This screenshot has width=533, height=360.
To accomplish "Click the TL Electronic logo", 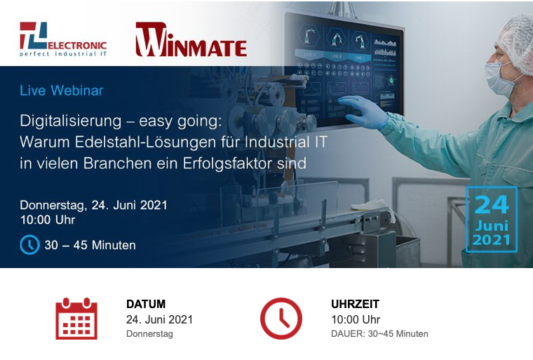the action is tap(63, 39).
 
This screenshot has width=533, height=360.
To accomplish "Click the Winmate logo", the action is tap(191, 39).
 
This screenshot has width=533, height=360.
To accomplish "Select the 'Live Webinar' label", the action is tap(62, 91).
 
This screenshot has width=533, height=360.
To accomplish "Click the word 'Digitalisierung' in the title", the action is tap(71, 121).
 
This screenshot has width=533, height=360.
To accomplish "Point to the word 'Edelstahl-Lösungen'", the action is tap(145, 142).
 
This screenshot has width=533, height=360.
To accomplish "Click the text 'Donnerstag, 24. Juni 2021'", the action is tap(93, 205).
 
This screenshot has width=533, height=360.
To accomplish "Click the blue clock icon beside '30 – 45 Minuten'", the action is tap(30, 245).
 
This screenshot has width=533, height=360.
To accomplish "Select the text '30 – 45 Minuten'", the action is tap(90, 245).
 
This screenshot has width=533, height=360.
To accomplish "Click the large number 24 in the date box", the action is tap(492, 204).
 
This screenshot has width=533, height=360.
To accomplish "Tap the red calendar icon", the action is tap(76, 319).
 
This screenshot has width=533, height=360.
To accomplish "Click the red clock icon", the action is tap(281, 319).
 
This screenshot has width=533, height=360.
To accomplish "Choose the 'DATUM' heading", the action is tap(146, 304).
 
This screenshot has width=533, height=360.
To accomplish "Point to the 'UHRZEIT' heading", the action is tap(356, 304).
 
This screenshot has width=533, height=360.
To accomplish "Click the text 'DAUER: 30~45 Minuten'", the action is tap(379, 334).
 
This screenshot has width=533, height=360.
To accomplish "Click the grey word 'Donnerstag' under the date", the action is tap(149, 334).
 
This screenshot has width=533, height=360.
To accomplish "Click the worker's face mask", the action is tap(499, 78).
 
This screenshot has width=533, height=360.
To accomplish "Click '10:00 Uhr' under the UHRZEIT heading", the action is tap(356, 319).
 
